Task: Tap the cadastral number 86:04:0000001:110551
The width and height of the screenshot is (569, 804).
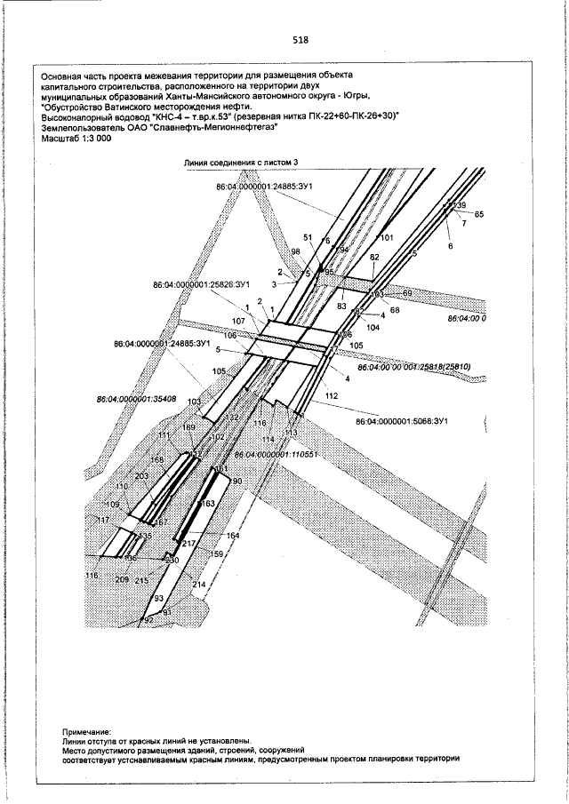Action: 276,453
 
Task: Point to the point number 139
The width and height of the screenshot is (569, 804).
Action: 460,205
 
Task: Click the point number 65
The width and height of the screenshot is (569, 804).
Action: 479,215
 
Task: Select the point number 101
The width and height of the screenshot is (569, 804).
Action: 386,238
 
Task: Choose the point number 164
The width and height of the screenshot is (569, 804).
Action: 233,536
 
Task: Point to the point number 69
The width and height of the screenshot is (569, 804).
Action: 408,292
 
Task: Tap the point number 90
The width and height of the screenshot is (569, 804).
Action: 237,481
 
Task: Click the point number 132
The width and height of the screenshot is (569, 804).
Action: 231,417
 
